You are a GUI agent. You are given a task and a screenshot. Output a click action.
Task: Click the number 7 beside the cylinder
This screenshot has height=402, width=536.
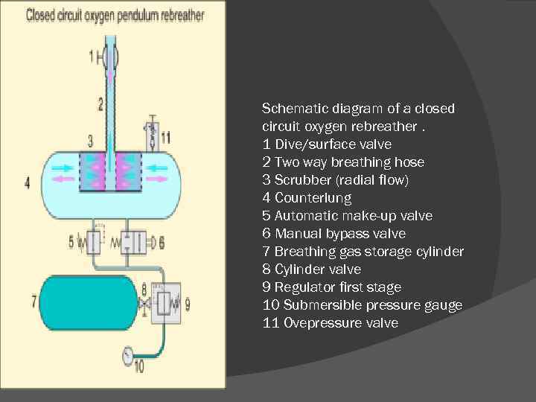tap(33, 301)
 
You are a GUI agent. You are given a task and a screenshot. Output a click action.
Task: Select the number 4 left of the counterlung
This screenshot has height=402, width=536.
tap(28, 182)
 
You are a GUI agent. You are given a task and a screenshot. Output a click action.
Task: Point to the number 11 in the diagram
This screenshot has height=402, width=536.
tap(165, 137)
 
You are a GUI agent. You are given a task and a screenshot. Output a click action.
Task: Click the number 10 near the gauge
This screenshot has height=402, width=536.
tap(138, 366)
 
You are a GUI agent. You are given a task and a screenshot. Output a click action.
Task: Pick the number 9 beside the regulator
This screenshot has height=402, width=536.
tap(187, 304)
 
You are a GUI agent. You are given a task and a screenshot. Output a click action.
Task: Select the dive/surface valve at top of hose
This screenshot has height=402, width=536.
tap(111, 56)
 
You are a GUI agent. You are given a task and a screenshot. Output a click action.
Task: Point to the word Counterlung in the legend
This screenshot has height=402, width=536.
tap(313, 198)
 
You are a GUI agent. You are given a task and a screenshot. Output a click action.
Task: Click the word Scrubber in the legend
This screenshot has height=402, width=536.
tap(299, 180)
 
